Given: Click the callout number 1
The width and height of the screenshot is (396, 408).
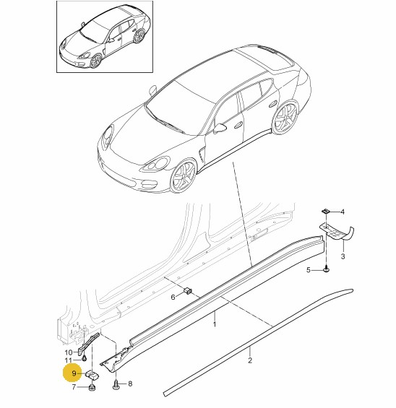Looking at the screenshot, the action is coord(215,324).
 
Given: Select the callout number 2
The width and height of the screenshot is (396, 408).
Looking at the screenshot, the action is coord(250,360).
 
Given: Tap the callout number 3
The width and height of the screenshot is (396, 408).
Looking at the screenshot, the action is coord(343,256).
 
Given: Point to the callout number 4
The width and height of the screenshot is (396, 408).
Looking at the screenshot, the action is coord(343,212).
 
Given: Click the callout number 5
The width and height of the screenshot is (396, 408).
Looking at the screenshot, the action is coord(309,270).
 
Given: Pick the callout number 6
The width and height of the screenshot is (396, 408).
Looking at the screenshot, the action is coord(173,297).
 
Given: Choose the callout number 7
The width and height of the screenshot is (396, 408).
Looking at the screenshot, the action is coord(74,388).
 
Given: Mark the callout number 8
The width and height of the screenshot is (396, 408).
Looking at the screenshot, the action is coord(130,383).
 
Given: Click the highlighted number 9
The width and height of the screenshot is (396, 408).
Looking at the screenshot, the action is coord(74,373).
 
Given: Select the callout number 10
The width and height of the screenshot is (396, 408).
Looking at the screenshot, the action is coord(69,352).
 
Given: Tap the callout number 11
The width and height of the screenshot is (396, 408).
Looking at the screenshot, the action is coord(68,360).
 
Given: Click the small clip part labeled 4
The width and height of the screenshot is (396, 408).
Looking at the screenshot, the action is coord(325,211).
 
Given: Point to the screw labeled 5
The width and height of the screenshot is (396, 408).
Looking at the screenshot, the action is coord(326,269).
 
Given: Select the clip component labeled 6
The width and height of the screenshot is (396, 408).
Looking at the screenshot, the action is coord(188,290).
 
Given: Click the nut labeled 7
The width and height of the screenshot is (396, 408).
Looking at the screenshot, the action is coord(92,388).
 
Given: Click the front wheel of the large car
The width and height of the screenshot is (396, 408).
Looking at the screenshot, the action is coord(183,176).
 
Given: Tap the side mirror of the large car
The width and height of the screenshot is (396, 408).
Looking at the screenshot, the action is coord(220,128).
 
